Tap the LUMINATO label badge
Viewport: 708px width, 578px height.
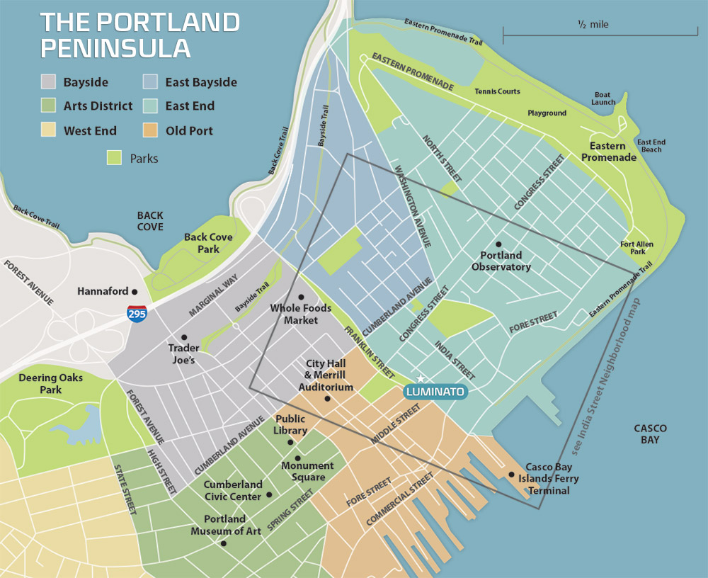pyautogui.click(x=435, y=392)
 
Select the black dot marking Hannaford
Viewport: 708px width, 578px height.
pyautogui.click(x=135, y=291)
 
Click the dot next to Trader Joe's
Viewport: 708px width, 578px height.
pyautogui.click(x=184, y=337)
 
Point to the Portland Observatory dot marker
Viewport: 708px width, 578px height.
pyautogui.click(x=498, y=244)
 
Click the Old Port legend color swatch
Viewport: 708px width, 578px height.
pyautogui.click(x=152, y=130)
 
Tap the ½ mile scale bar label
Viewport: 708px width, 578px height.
pyautogui.click(x=593, y=25)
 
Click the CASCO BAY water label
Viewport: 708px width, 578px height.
pyautogui.click(x=650, y=434)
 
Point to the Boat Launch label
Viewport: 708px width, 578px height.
pyautogui.click(x=603, y=98)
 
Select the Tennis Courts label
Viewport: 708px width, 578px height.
pyautogui.click(x=497, y=91)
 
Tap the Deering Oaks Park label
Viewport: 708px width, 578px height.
pyautogui.click(x=50, y=383)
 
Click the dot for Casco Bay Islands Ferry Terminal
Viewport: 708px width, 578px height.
pyautogui.click(x=511, y=475)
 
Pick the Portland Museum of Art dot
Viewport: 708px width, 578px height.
pyautogui.click(x=224, y=544)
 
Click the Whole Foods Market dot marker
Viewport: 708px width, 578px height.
pyautogui.click(x=301, y=297)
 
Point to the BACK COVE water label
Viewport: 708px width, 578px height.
pyautogui.click(x=150, y=221)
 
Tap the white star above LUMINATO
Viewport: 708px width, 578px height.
pyautogui.click(x=421, y=379)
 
